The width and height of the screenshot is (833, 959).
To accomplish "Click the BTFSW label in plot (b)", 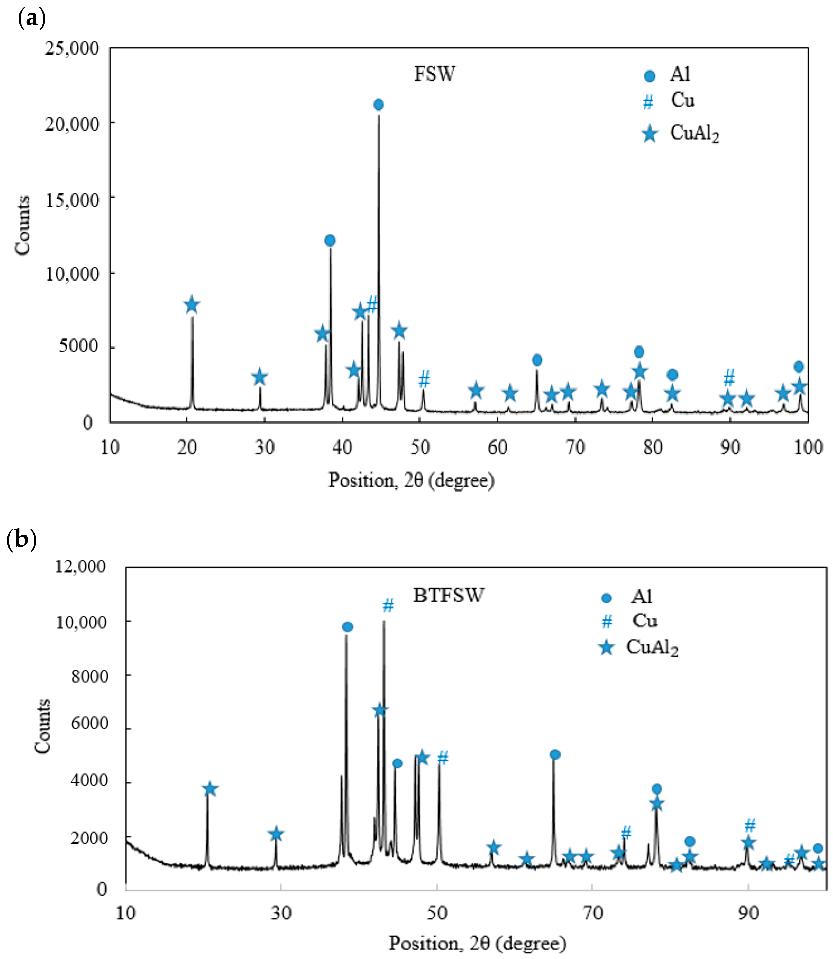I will [x=449, y=596].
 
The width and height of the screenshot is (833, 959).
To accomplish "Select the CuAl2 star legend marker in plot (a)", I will [x=650, y=134].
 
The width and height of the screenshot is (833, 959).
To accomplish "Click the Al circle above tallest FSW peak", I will [x=378, y=105].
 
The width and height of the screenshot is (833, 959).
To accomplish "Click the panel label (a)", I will [x=31, y=19].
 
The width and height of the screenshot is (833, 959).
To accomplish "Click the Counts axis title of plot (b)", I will [x=43, y=726].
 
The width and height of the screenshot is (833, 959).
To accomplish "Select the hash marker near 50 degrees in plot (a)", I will [x=423, y=379].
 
